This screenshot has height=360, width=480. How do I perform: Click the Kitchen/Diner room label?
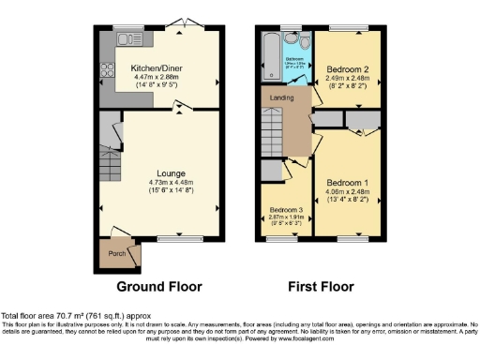tap(156, 67)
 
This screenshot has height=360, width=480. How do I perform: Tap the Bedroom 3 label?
tap(285, 209)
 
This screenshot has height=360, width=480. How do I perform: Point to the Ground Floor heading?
tap(156, 286)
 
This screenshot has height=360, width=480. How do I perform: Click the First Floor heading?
tap(323, 286)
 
